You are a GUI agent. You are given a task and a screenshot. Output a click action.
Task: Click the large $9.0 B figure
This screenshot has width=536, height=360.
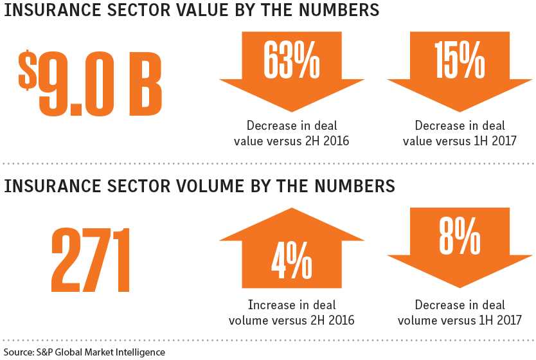(90, 82)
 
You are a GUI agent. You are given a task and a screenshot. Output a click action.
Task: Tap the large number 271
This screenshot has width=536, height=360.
(90, 260)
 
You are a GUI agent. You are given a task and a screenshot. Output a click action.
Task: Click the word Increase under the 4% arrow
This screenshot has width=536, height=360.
(269, 304)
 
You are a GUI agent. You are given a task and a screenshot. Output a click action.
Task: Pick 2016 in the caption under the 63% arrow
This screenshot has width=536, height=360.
(335, 140)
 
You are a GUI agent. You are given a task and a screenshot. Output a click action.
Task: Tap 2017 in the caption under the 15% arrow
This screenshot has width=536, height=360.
(502, 140)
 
